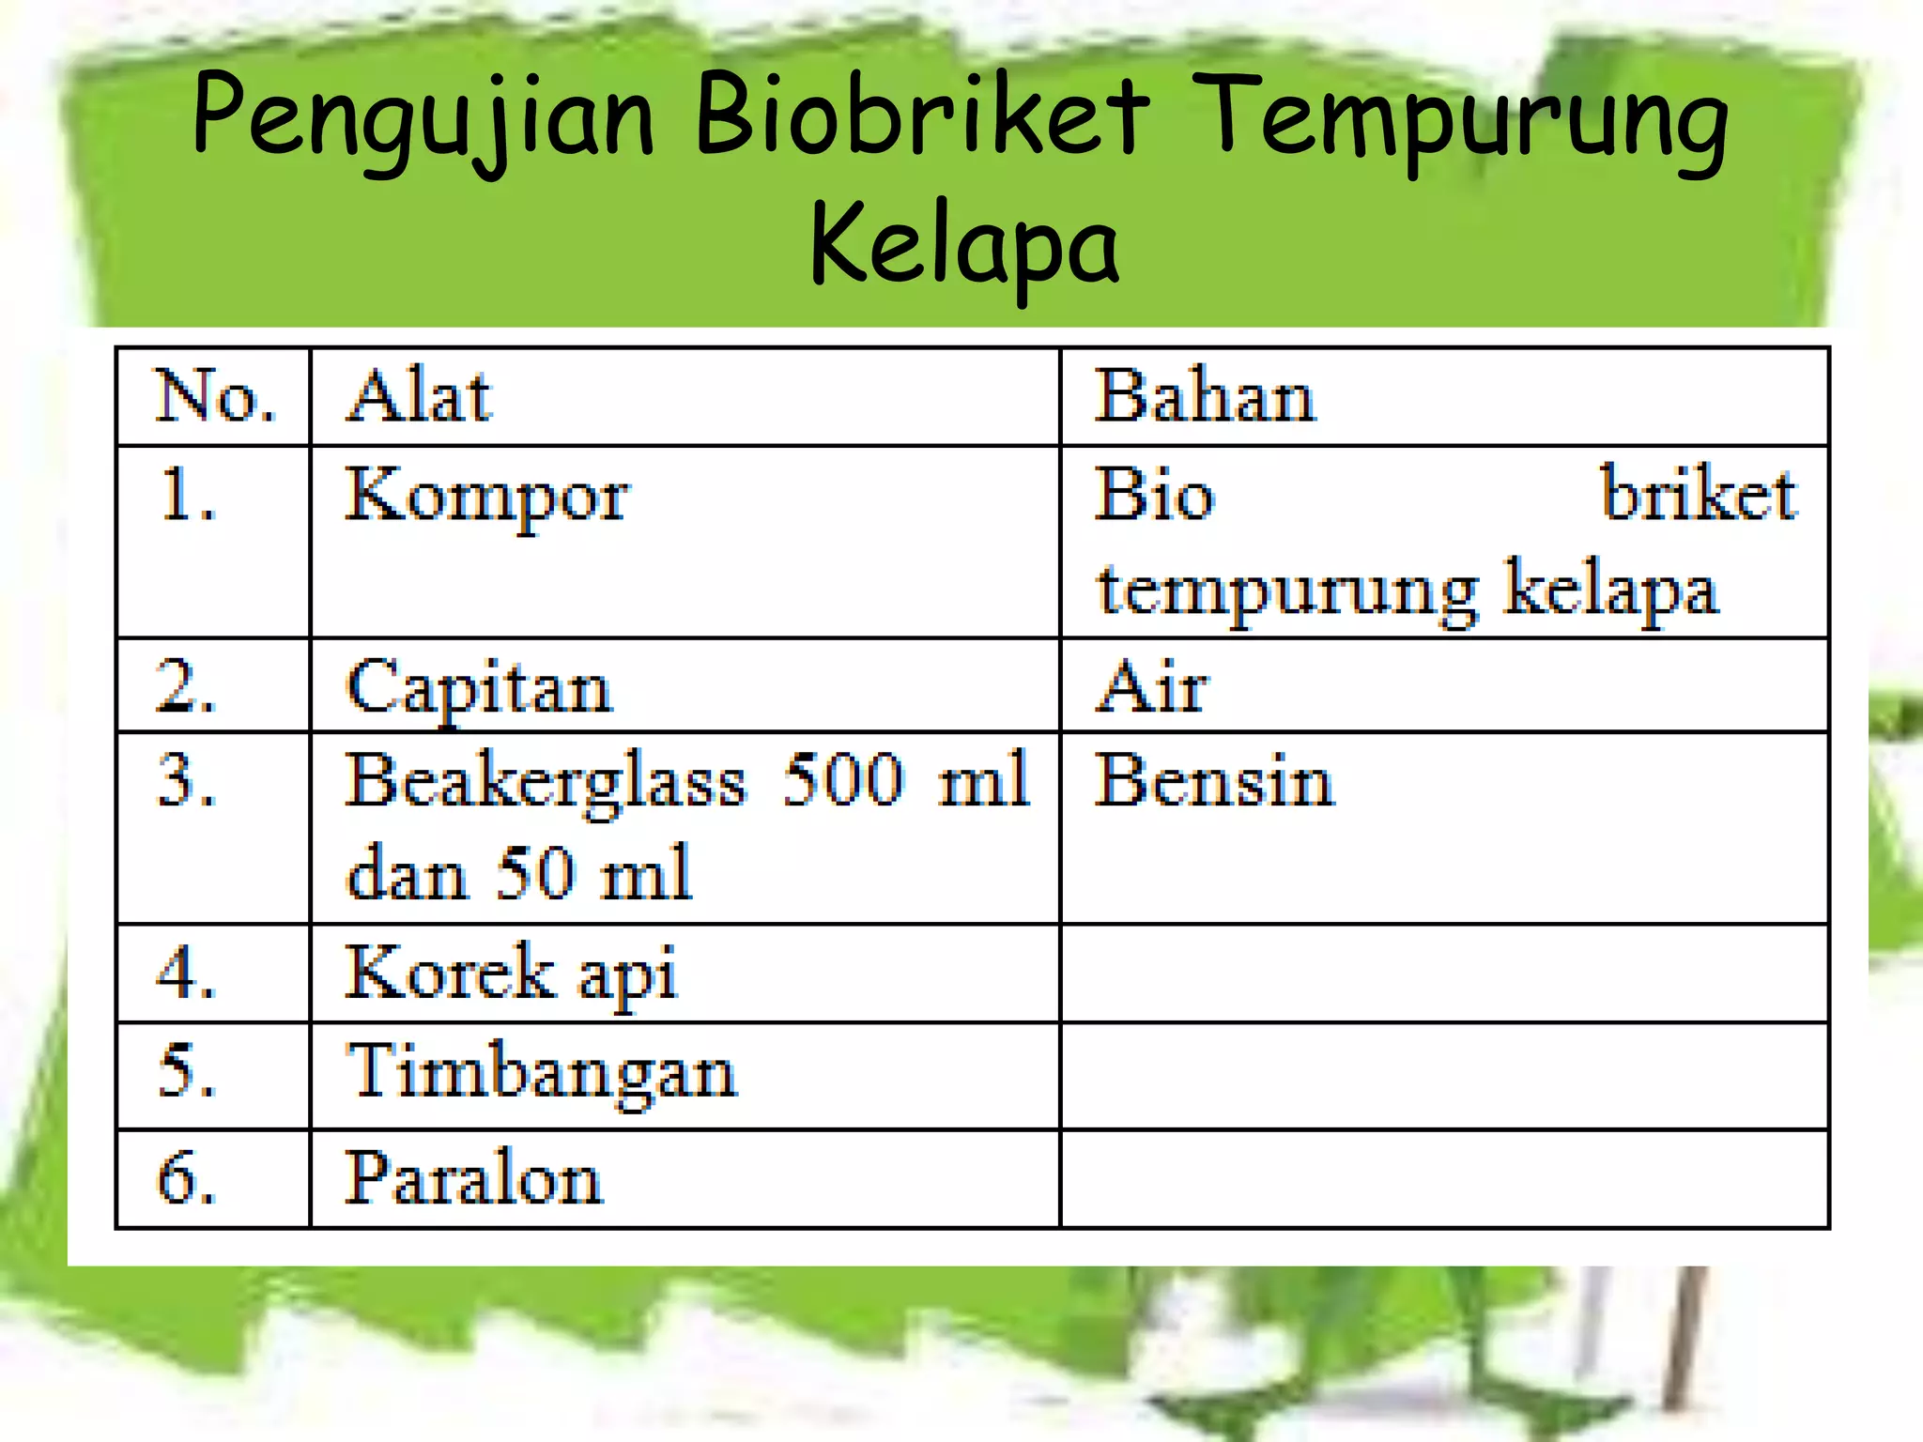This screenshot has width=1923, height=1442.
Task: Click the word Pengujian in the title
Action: tap(423, 117)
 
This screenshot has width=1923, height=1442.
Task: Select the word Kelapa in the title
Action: tap(964, 245)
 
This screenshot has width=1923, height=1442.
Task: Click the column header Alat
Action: tap(419, 396)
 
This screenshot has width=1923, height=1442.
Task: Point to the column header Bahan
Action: tap(1205, 396)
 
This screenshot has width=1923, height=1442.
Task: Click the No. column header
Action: tap(215, 396)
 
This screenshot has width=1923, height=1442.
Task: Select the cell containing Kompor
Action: tap(487, 496)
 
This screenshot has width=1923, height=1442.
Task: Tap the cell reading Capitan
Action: tap(479, 687)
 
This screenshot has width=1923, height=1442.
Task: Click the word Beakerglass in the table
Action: tap(546, 781)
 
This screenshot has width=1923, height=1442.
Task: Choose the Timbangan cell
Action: tap(542, 1072)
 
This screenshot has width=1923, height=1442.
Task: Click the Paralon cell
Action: tap(473, 1178)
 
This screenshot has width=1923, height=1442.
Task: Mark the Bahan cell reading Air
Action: tap(1152, 687)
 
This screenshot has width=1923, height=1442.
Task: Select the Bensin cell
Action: tap(1214, 781)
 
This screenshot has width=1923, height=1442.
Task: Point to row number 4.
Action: tap(185, 974)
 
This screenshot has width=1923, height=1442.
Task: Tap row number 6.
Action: tap(185, 1178)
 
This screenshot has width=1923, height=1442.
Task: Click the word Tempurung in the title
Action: tap(1464, 117)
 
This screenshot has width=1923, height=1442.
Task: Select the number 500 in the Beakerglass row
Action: tap(843, 781)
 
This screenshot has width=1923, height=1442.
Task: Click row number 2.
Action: tap(185, 687)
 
